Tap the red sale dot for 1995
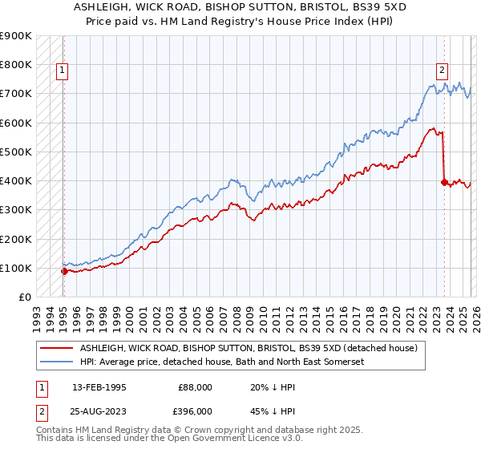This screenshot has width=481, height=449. point(64,271)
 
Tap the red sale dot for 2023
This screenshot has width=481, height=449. point(444,182)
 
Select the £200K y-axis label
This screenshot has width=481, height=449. point(16,239)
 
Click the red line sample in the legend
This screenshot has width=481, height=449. point(57,349)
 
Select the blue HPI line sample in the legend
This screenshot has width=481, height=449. point(57,362)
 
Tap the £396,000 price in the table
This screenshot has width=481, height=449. point(194,411)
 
